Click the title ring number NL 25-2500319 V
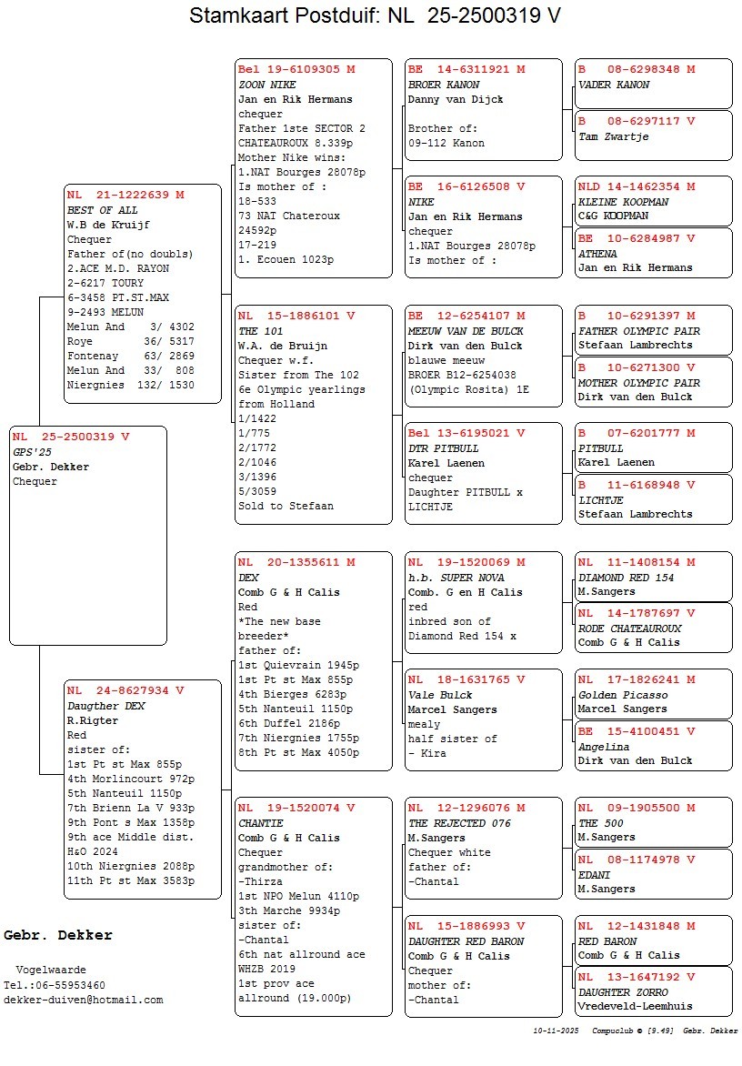[474, 15]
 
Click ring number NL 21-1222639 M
[125, 195]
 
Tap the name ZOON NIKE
[264, 85]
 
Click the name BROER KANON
[437, 85]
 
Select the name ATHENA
[598, 254]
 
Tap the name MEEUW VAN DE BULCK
[466, 331]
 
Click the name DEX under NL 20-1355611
[248, 578]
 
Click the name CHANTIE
[261, 824]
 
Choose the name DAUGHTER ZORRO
[623, 993]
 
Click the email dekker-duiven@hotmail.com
[84, 1000]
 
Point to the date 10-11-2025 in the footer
[556, 1031]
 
